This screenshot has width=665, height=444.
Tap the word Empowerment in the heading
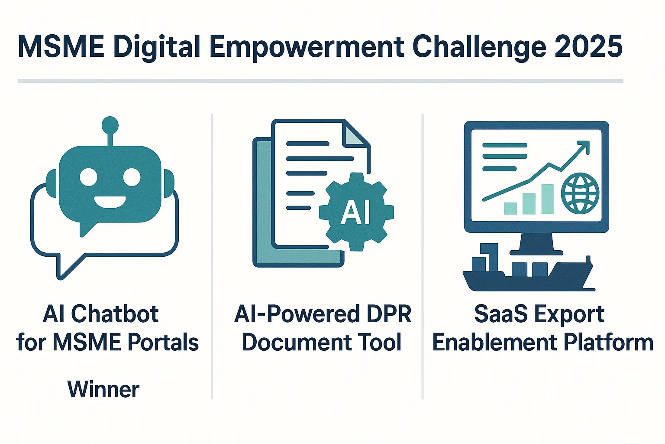(307, 48)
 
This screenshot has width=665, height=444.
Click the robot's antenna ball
(110, 125)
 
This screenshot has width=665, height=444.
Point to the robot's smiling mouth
(110, 202)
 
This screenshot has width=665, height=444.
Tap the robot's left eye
(88, 177)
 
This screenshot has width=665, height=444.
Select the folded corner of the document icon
(355, 135)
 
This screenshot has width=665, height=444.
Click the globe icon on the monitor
(580, 193)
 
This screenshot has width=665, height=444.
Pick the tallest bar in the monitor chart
(547, 199)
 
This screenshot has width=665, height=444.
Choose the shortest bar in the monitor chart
(510, 209)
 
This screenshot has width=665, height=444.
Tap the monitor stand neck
(536, 242)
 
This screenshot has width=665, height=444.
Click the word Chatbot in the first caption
(115, 314)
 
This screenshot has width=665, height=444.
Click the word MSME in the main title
(61, 47)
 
